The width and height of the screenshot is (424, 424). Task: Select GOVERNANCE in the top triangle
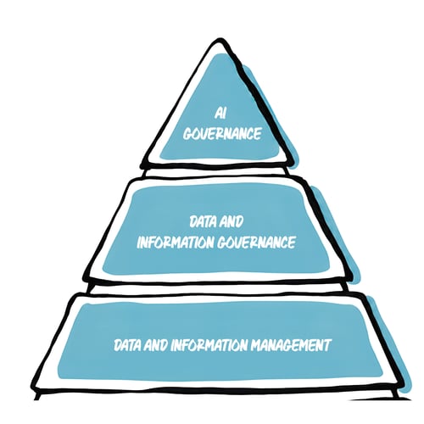pos(222,134)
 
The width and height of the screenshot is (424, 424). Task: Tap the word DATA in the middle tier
pos(203,222)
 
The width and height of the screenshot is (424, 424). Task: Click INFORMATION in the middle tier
pos(176,243)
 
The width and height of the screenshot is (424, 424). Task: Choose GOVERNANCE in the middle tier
pos(256,243)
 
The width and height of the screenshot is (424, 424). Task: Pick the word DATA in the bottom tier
pos(127,345)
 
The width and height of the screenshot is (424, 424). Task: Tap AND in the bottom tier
pos(155,345)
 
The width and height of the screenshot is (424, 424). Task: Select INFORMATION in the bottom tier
pos(209,345)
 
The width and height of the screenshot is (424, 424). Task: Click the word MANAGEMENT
pos(291,345)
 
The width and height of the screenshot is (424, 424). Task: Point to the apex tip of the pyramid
pos(219,42)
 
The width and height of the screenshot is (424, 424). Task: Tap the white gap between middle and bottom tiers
pos(218,288)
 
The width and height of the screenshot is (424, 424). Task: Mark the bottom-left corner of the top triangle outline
pos(142,166)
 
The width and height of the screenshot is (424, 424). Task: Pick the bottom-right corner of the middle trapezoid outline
pos(351,277)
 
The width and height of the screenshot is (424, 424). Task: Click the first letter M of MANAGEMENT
pos(256,345)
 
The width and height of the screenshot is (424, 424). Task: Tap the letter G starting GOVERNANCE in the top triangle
pos(187,134)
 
